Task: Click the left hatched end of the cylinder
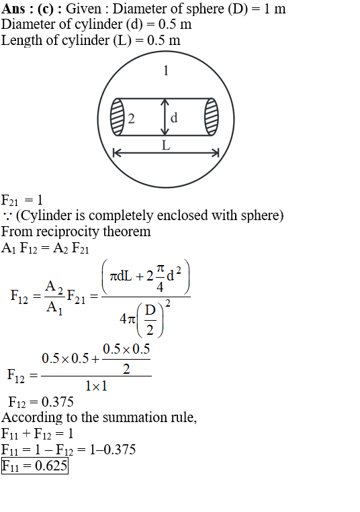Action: pos(118,117)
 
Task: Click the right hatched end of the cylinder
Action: pos(212,117)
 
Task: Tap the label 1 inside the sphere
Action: pos(166,71)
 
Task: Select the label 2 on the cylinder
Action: pos(131,119)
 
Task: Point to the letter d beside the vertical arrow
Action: pos(174,117)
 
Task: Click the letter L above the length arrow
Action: pos(166,145)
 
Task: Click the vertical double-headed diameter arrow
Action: pos(165,117)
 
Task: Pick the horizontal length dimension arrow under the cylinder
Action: pos(166,152)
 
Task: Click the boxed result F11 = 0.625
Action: pos(35,466)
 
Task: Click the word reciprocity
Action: pos(69,232)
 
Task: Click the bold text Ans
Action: pos(13,9)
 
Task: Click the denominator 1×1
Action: pos(96,387)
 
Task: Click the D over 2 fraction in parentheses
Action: pos(150,320)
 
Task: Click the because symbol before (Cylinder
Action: pos(7,216)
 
